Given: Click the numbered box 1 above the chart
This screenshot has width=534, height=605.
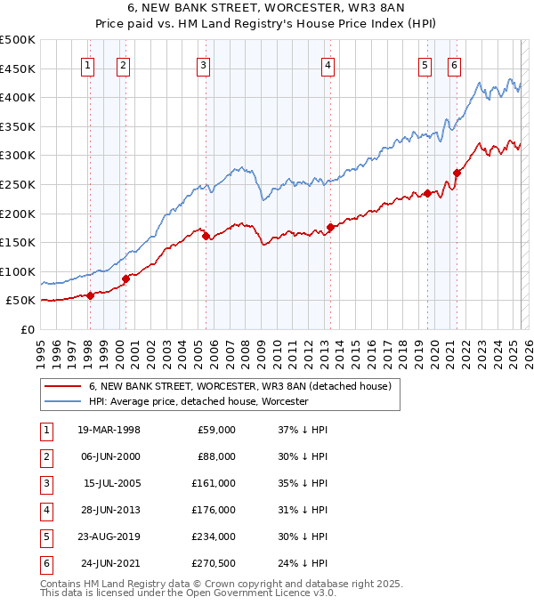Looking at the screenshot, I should pyautogui.click(x=89, y=64).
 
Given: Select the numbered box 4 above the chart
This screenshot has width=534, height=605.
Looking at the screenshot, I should pyautogui.click(x=328, y=64).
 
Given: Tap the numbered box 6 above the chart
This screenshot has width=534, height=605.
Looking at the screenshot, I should pyautogui.click(x=454, y=64).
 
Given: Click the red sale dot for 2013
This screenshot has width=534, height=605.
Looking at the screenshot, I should pyautogui.click(x=330, y=227).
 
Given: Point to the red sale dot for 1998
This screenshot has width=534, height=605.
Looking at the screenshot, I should pyautogui.click(x=90, y=295).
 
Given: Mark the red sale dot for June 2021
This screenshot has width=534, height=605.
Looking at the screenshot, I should pyautogui.click(x=457, y=173).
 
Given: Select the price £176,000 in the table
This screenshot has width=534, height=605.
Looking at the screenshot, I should pyautogui.click(x=215, y=510).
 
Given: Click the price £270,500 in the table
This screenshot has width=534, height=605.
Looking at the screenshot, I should pyautogui.click(x=215, y=563).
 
